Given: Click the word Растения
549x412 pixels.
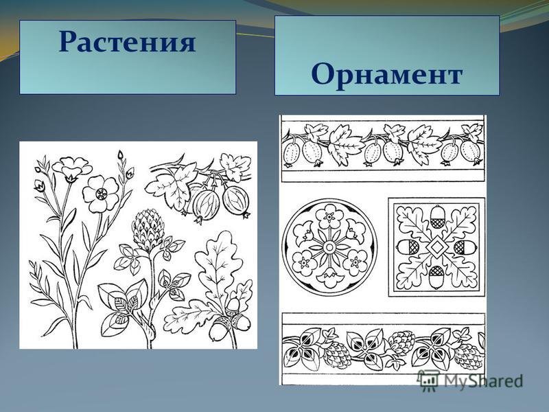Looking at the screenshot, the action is (x=127, y=42).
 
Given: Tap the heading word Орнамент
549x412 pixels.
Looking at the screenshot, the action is (x=387, y=74).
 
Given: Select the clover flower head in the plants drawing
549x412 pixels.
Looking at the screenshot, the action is (x=148, y=229).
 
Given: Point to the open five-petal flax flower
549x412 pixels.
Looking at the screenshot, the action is (x=101, y=194).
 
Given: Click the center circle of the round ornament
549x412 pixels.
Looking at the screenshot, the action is (x=329, y=247).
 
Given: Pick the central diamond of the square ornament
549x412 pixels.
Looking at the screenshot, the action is (x=436, y=247).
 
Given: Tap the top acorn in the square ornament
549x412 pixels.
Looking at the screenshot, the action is (x=436, y=217).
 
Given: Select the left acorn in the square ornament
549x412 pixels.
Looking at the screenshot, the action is (x=408, y=247).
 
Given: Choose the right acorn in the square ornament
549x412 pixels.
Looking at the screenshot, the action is (x=465, y=247).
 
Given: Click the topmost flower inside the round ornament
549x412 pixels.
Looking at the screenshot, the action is (x=329, y=216).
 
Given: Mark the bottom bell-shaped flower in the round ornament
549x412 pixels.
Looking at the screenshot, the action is (x=329, y=277).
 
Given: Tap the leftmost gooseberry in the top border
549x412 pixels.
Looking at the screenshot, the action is (x=290, y=152).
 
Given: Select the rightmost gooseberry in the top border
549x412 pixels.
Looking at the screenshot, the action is (x=471, y=151).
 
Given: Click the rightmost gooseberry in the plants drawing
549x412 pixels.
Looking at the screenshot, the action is (x=237, y=199).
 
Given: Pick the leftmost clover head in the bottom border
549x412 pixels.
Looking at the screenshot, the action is (x=334, y=354).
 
